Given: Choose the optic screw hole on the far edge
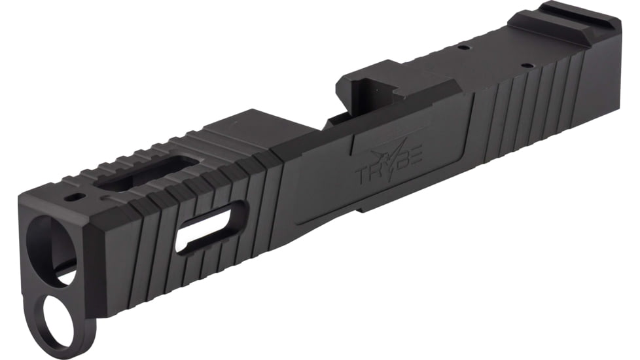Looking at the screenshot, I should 463,47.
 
